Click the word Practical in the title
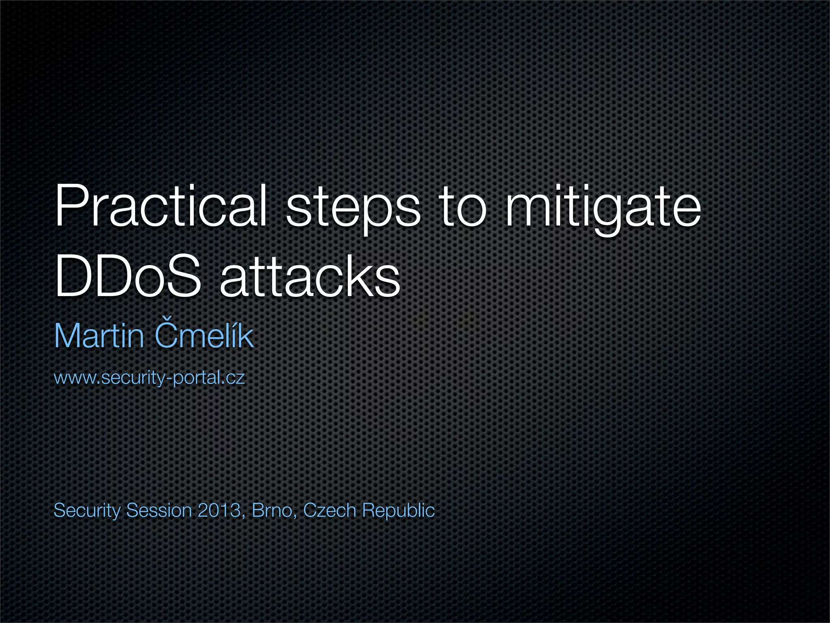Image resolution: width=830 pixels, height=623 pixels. coord(160,206)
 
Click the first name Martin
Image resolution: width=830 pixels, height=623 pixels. coord(99,336)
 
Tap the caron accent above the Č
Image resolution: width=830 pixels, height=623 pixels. coord(167,317)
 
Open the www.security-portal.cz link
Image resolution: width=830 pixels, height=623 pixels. coord(149,378)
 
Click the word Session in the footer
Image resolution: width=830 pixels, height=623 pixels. coord(159,510)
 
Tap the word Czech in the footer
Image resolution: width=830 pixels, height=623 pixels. coord(329,510)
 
